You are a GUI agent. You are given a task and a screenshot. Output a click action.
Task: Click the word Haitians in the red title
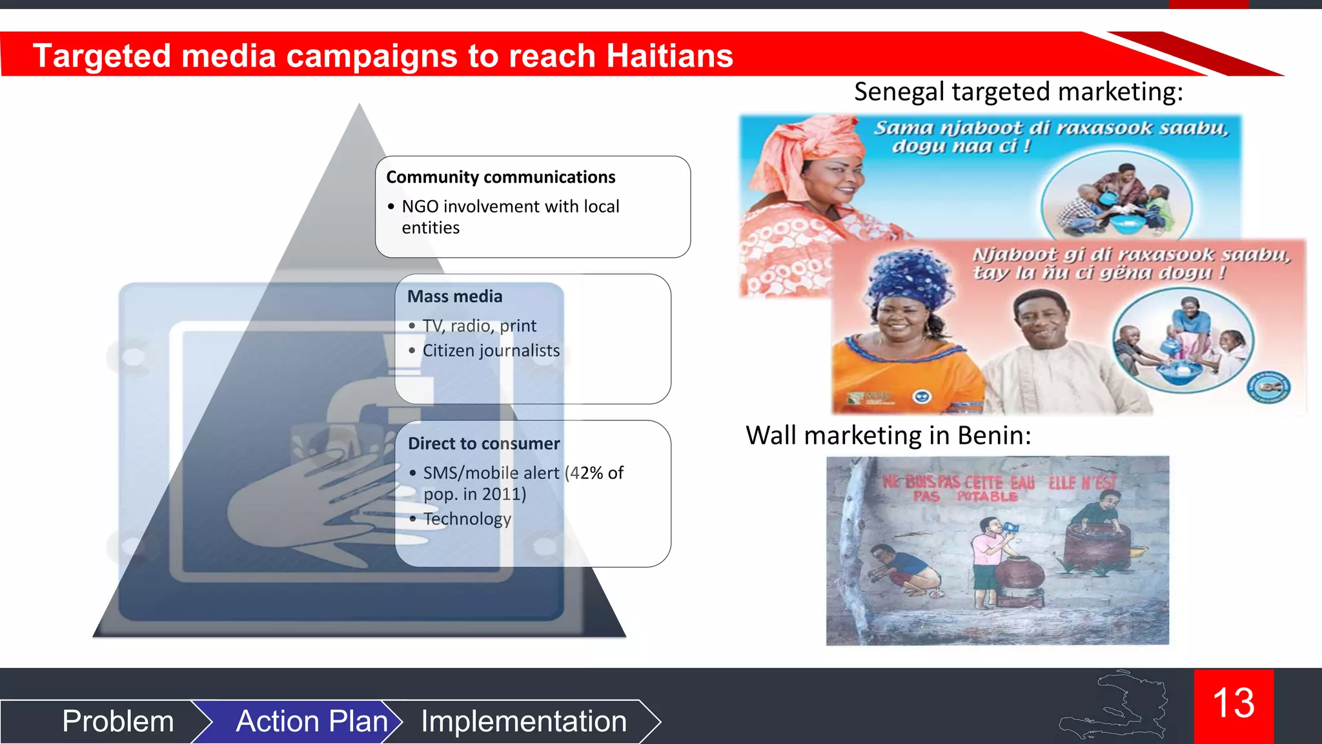(x=669, y=56)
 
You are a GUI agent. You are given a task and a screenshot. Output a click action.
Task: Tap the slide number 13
(x=1234, y=703)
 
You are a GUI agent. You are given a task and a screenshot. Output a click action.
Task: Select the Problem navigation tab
(x=118, y=721)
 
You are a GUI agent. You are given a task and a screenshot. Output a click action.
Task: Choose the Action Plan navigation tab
(x=312, y=721)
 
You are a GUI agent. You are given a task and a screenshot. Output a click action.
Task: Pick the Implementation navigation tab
(x=524, y=721)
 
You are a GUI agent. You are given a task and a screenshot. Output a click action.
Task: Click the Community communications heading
(x=500, y=177)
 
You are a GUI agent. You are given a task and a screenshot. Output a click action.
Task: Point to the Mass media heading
(x=454, y=296)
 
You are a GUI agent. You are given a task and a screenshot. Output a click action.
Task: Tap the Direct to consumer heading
(x=483, y=444)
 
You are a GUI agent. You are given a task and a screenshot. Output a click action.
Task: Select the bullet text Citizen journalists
(x=491, y=351)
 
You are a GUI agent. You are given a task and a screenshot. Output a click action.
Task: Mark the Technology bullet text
(x=467, y=519)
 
